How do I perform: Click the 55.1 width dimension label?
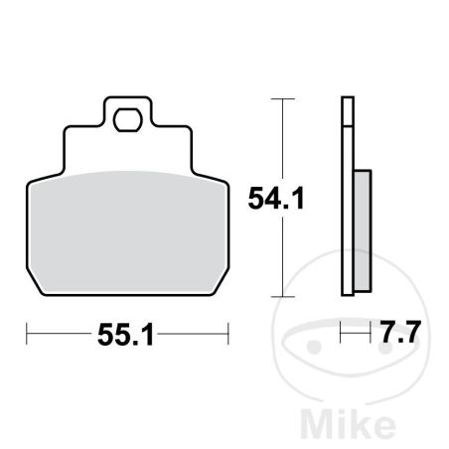[x=126, y=335]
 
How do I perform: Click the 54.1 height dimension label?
[x=276, y=199]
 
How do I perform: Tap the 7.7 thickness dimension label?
[x=400, y=332]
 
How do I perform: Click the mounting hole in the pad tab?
[x=127, y=119]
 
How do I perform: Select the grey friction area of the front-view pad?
[x=127, y=231]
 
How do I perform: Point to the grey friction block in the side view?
[x=363, y=231]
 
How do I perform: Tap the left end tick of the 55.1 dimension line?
[x=27, y=334]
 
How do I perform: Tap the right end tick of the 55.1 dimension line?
[x=228, y=334]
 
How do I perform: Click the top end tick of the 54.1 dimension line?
[x=282, y=98]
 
